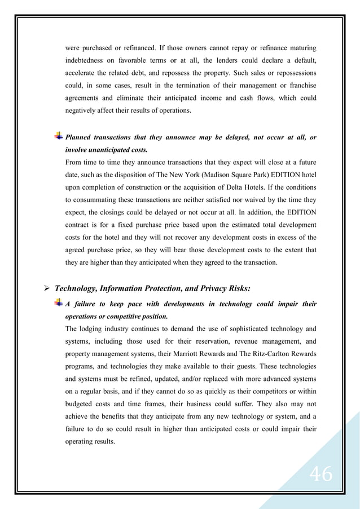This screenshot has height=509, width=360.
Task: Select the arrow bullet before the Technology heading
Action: pyautogui.click(x=48, y=289)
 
